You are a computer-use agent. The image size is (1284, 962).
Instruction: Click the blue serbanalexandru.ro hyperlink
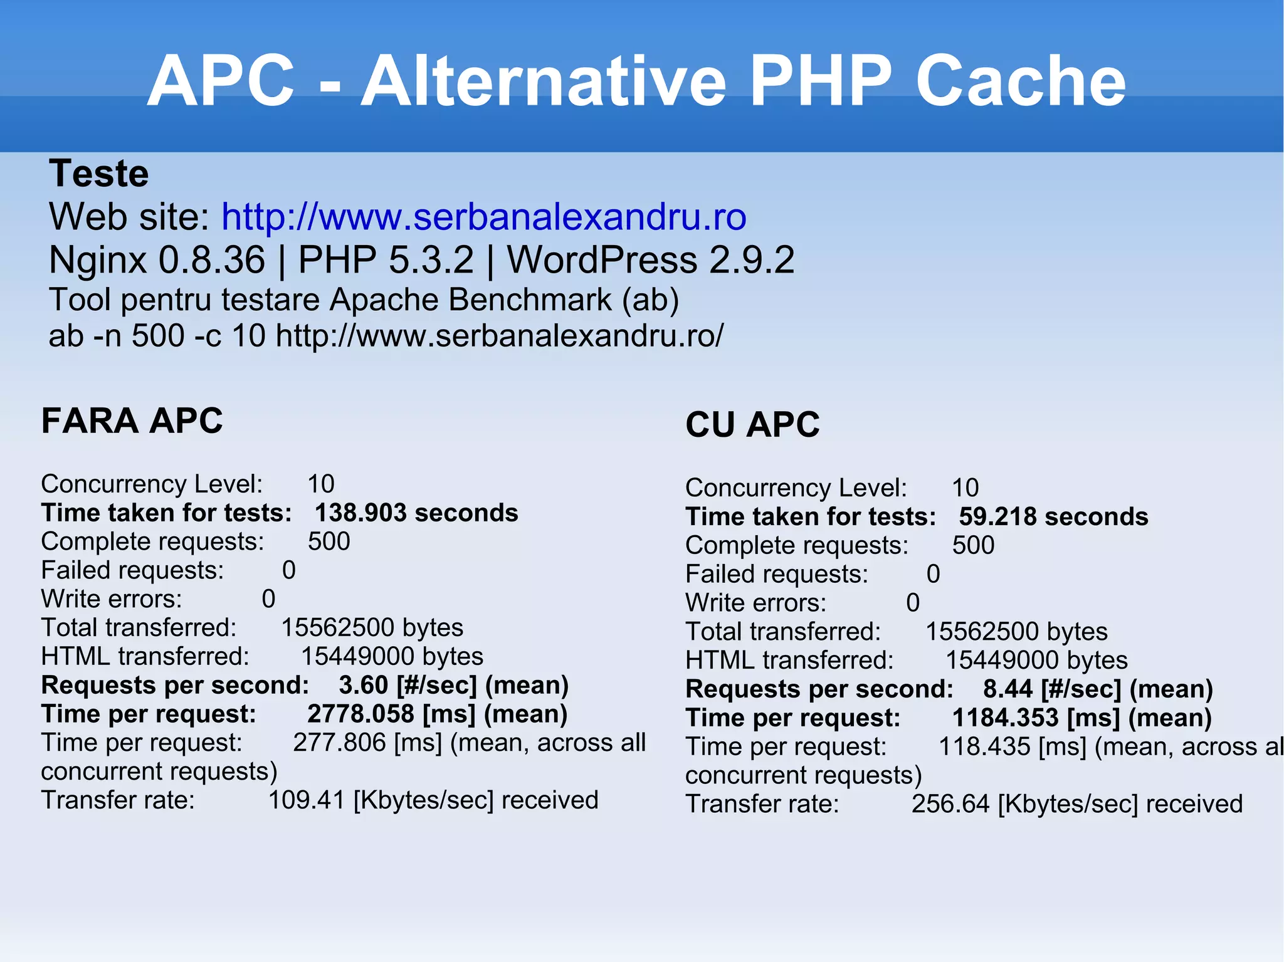point(483,217)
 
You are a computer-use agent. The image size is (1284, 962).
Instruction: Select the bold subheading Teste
point(99,174)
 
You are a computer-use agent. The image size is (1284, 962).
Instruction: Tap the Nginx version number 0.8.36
point(212,260)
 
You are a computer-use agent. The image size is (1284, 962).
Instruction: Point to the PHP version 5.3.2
point(431,260)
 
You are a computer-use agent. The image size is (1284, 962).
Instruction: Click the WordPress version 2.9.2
point(752,260)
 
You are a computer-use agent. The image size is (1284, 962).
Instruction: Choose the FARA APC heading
point(132,421)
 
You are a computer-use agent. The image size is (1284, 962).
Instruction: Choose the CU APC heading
point(752,425)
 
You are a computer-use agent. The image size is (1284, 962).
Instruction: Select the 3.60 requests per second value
point(364,686)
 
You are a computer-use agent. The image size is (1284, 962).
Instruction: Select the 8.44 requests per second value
point(1008,689)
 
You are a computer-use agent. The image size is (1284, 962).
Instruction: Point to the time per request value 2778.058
point(360,714)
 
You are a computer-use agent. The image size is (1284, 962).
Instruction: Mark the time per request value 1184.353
point(1005,718)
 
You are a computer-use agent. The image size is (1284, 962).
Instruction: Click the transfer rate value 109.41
point(307,800)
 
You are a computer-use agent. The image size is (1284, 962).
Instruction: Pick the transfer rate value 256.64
point(951,804)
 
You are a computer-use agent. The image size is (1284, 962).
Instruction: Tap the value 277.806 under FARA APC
point(339,743)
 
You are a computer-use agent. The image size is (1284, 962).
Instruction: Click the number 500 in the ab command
point(157,336)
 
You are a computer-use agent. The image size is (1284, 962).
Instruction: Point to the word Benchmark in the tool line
point(530,300)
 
